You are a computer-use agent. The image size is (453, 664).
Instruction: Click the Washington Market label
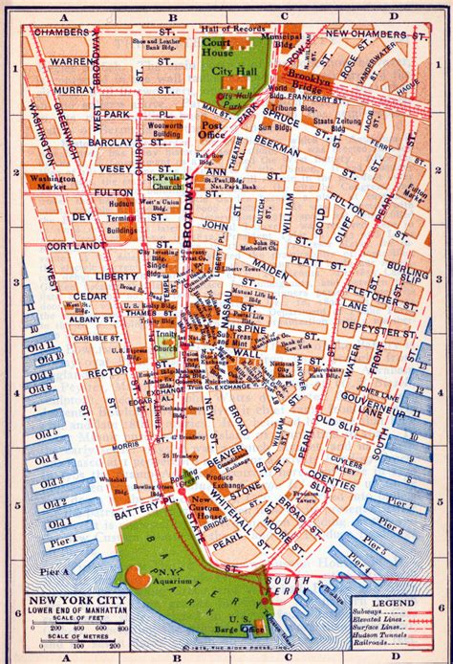click(x=53, y=183)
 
